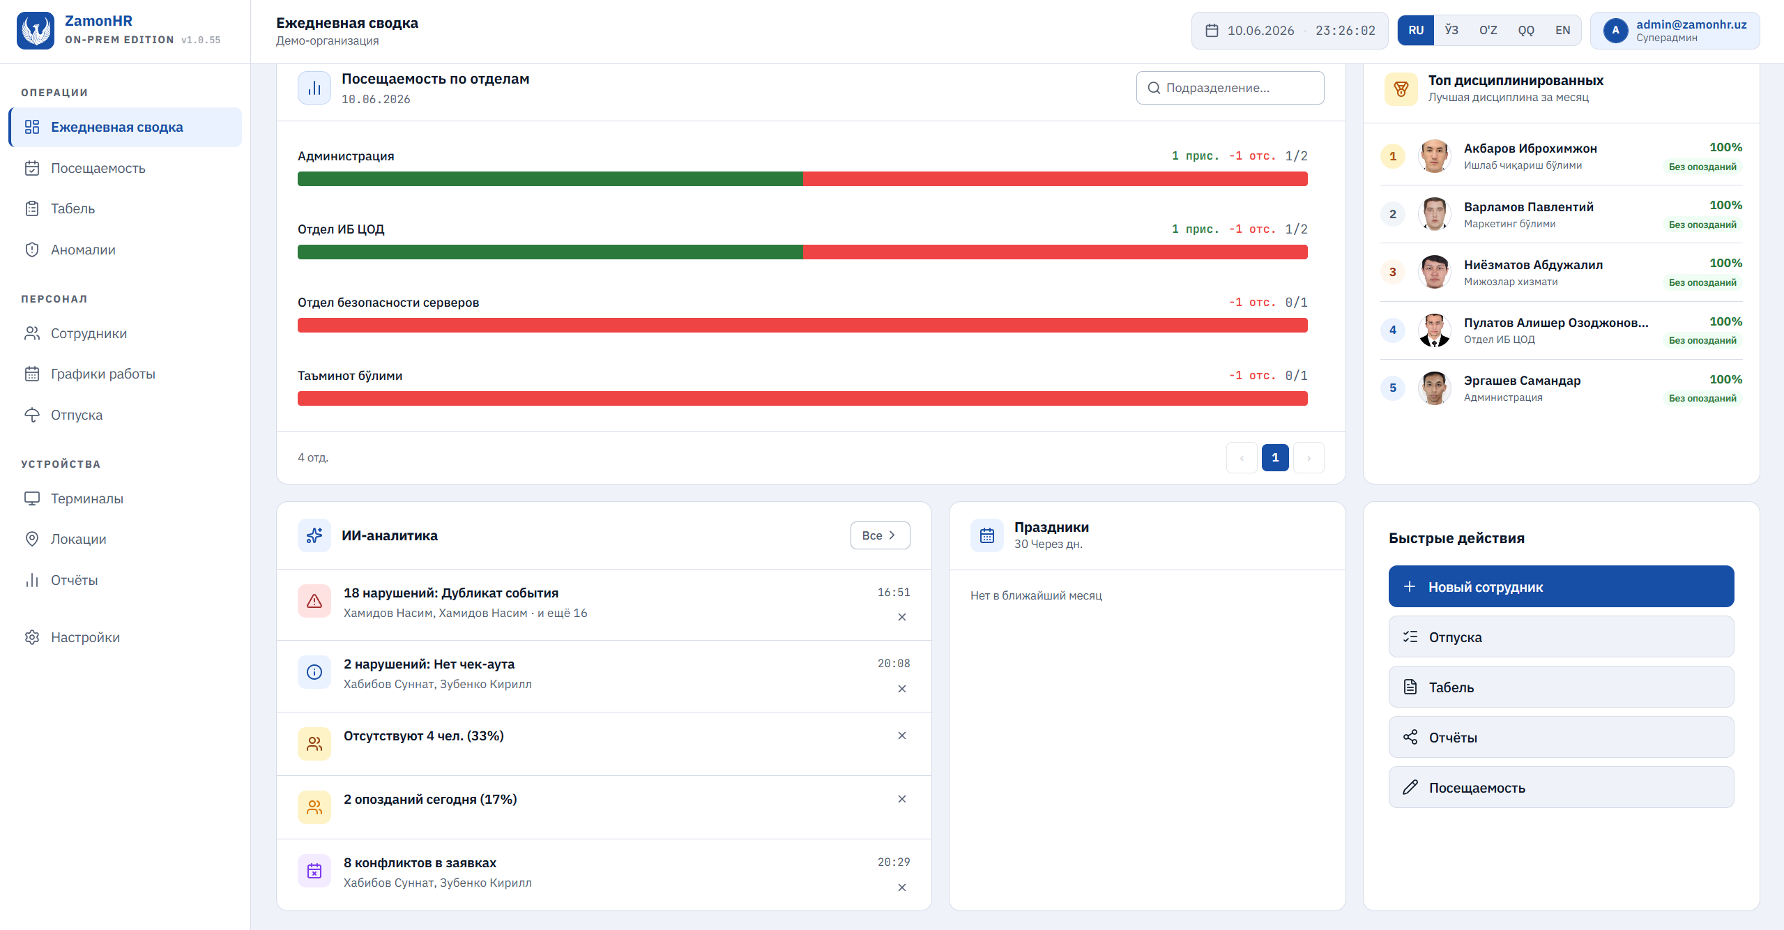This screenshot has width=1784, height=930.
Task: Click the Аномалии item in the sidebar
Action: pyautogui.click(x=83, y=250)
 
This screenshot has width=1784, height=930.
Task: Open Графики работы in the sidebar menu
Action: pyautogui.click(x=102, y=374)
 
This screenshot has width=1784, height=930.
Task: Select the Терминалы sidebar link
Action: pyautogui.click(x=86, y=498)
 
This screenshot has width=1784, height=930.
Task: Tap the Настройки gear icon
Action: pyautogui.click(x=32, y=637)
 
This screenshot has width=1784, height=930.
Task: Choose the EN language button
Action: pyautogui.click(x=1562, y=30)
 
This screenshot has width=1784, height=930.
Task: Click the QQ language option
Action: pyautogui.click(x=1526, y=30)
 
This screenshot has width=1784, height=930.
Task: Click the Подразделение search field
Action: pyautogui.click(x=1230, y=88)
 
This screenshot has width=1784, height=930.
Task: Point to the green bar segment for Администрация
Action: pyautogui.click(x=550, y=179)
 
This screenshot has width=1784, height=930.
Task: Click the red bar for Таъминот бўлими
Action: pyautogui.click(x=802, y=399)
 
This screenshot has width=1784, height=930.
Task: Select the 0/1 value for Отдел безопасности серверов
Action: pyautogui.click(x=1296, y=302)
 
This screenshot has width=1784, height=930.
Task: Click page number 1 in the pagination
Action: pyautogui.click(x=1275, y=457)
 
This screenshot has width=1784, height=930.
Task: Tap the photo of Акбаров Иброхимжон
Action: pyautogui.click(x=1434, y=155)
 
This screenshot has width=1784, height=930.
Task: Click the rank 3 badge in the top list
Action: pyautogui.click(x=1392, y=272)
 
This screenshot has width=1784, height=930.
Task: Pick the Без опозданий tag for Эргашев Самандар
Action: pyautogui.click(x=1702, y=398)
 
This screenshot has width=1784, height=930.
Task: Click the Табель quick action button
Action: pyautogui.click(x=1561, y=687)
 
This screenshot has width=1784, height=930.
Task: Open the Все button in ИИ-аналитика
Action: pyautogui.click(x=880, y=535)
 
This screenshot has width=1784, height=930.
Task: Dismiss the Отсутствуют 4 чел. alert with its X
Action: pyautogui.click(x=901, y=735)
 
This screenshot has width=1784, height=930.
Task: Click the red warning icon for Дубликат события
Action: pyautogui.click(x=314, y=601)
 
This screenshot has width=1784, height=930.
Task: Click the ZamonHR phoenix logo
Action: pyautogui.click(x=36, y=31)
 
